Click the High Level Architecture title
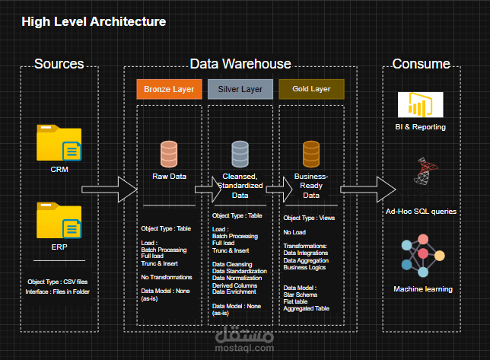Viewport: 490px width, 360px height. click(94, 22)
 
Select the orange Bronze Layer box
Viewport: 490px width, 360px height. click(169, 89)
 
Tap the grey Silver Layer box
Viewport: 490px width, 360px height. click(240, 89)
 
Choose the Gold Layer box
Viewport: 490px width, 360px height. click(311, 89)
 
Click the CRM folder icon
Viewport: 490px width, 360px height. click(59, 143)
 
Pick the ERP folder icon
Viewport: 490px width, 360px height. click(59, 221)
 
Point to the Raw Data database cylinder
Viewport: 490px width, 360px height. click(169, 154)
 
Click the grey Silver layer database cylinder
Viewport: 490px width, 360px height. click(240, 154)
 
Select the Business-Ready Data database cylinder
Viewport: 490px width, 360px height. click(311, 154)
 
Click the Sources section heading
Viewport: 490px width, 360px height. click(59, 64)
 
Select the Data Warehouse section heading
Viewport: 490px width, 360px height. click(240, 64)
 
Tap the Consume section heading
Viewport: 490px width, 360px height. click(421, 64)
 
